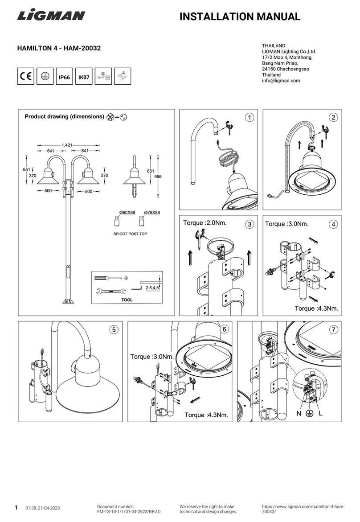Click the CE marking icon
coord(25,77)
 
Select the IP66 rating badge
coord(64,77)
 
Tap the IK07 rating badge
coord(84,77)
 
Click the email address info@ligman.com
coord(282,81)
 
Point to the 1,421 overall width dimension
coord(68,145)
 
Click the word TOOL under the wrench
coord(127,300)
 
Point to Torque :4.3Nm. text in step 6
coord(206,415)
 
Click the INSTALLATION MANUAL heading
coord(240,17)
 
